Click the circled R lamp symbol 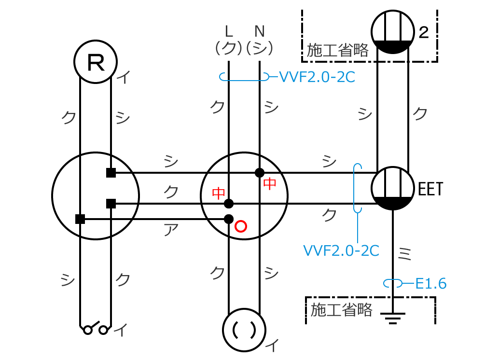click(x=96, y=62)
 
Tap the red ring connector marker click(x=240, y=226)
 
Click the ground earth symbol click(x=393, y=317)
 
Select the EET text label click(x=430, y=189)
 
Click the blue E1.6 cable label click(x=431, y=283)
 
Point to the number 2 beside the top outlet click(x=424, y=33)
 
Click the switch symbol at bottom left click(x=96, y=328)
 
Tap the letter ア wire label click(x=169, y=230)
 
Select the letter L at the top click(x=229, y=31)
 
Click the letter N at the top click(x=260, y=31)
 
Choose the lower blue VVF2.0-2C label click(x=341, y=250)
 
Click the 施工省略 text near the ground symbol click(x=342, y=309)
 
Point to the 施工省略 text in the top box click(x=338, y=50)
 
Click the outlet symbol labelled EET click(x=393, y=188)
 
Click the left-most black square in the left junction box click(x=80, y=219)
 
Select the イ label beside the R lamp click(x=124, y=77)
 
